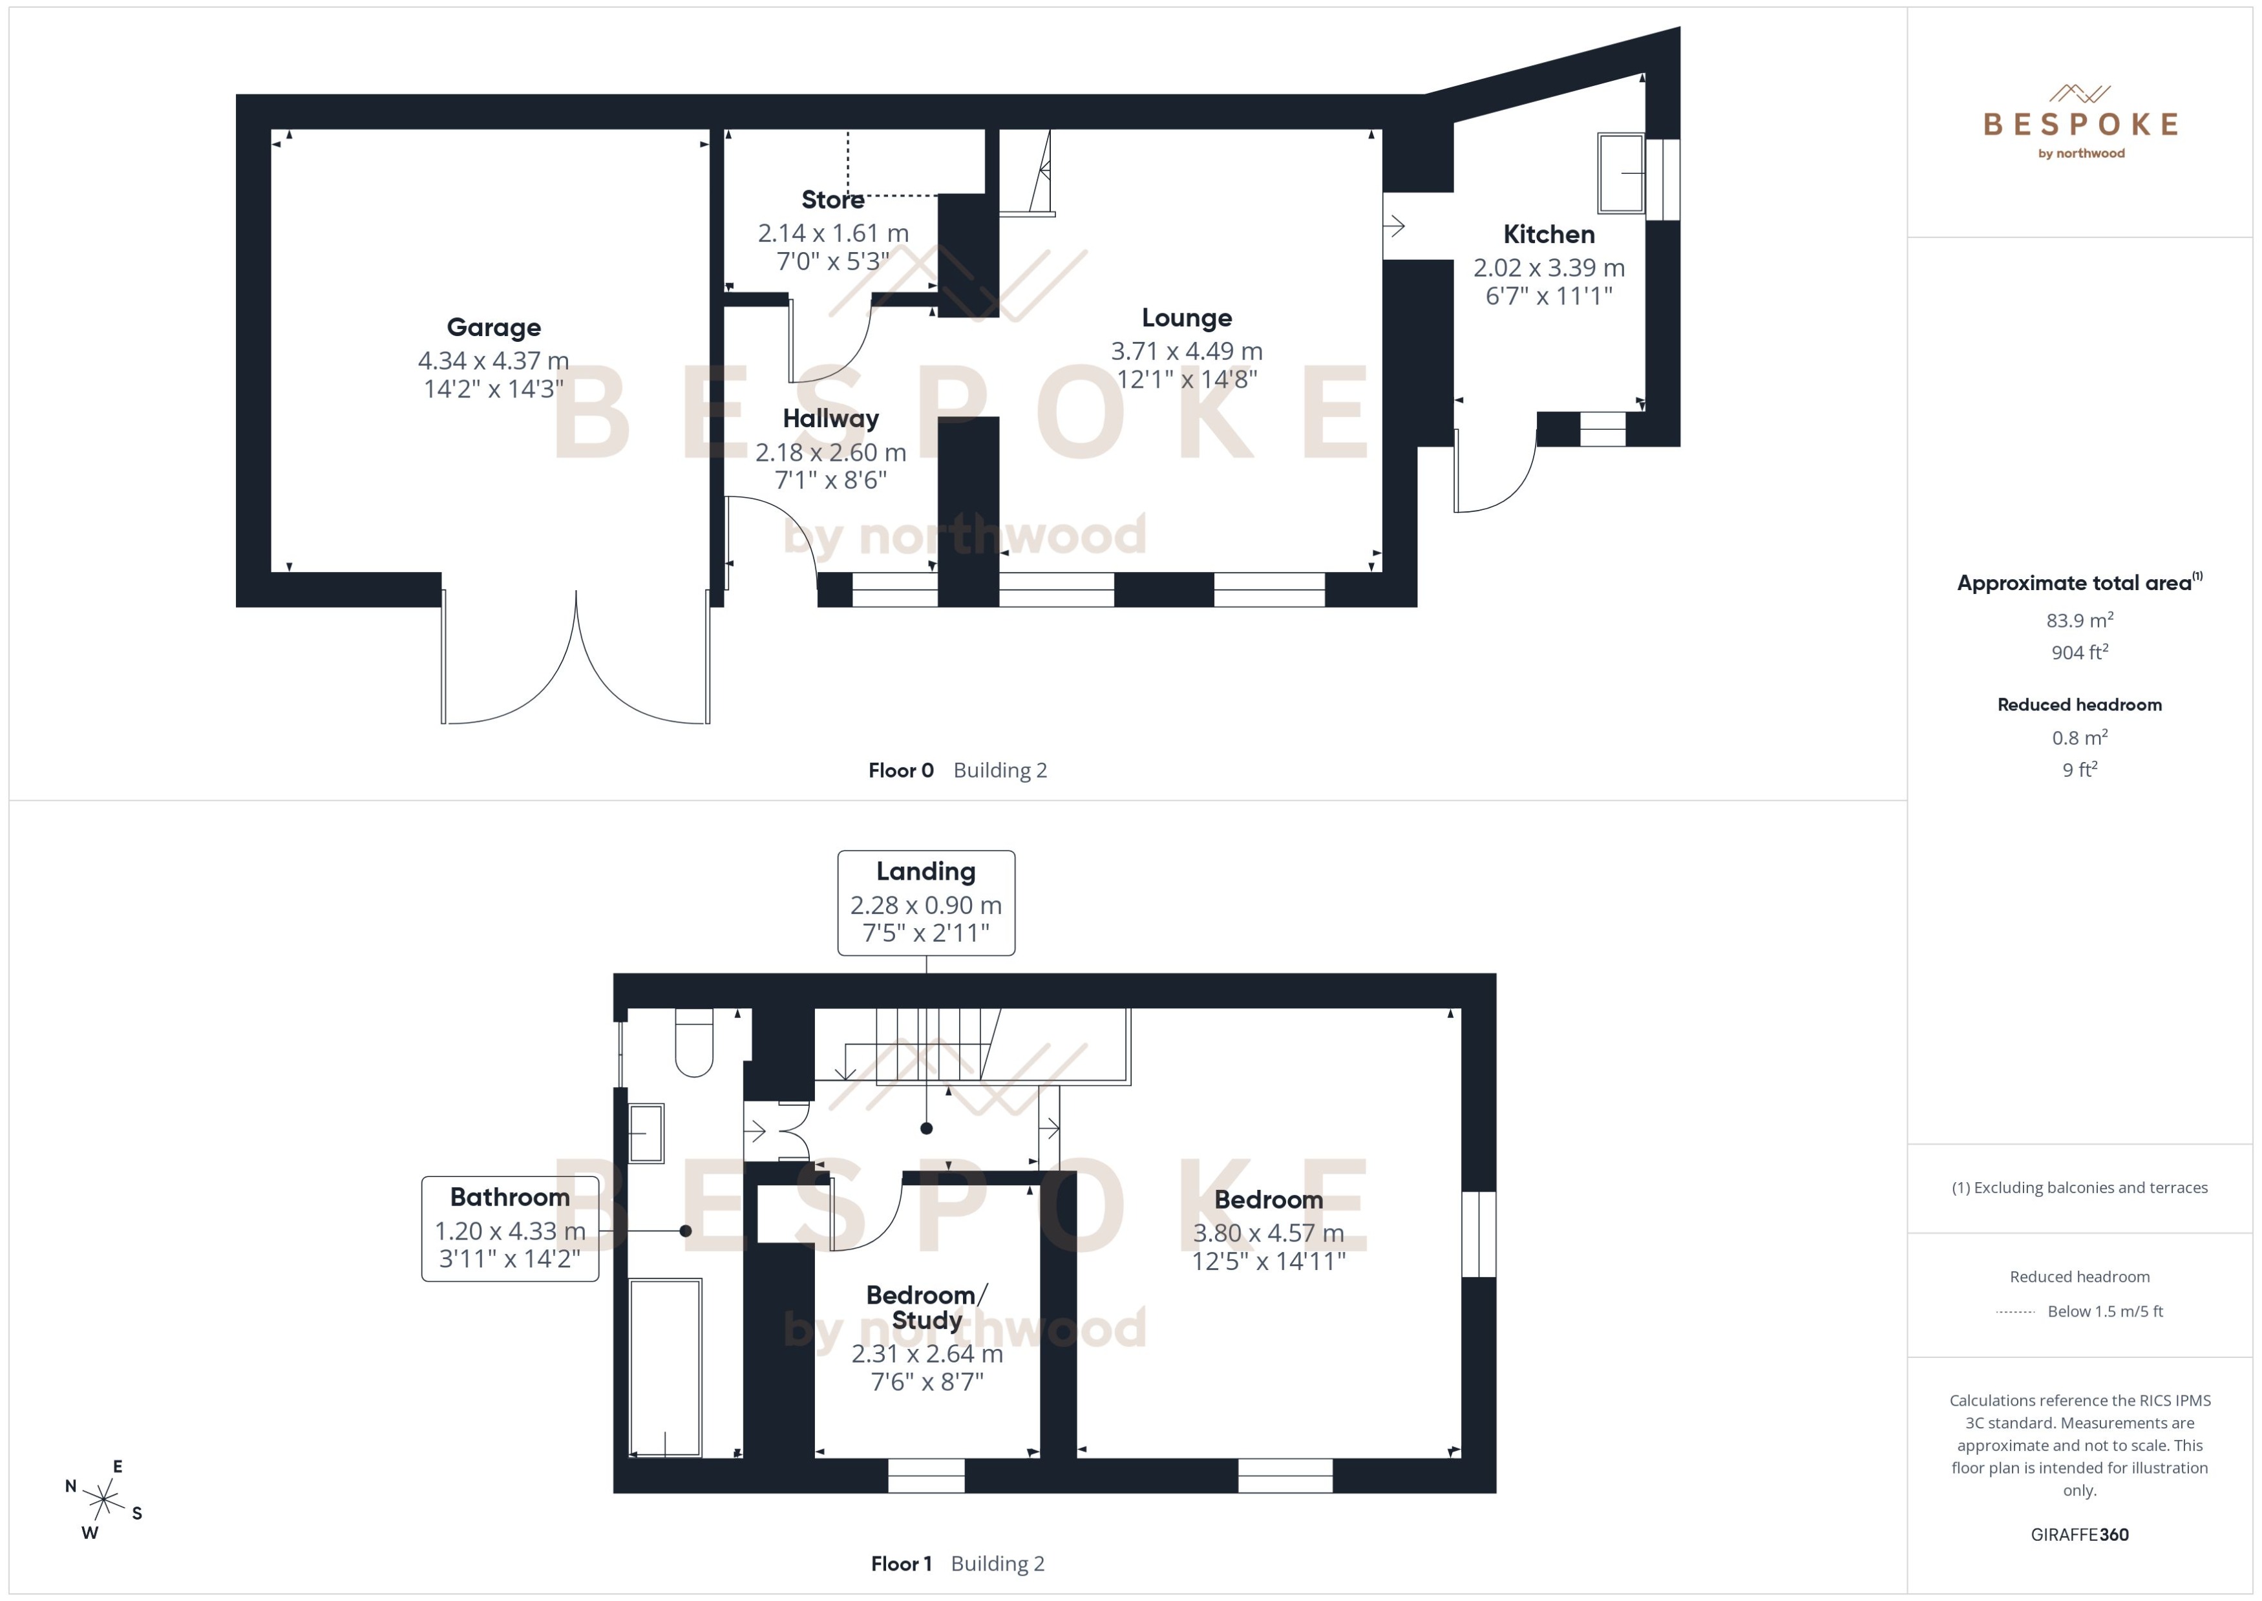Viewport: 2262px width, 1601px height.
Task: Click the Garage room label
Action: tap(493, 327)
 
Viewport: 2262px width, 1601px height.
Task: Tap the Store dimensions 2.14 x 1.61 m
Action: tap(833, 233)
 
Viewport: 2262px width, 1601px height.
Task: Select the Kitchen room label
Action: tap(1549, 235)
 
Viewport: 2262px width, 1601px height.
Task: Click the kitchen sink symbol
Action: tap(1620, 173)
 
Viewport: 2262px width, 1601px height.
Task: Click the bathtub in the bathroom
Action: tap(665, 1368)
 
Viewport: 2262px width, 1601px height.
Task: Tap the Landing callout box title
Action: tap(925, 871)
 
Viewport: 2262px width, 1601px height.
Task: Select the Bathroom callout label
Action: tap(509, 1197)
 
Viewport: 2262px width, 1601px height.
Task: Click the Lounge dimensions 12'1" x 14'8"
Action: tap(1187, 379)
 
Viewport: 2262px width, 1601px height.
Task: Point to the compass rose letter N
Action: tap(71, 1486)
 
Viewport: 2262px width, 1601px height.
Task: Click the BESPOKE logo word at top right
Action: tap(2080, 124)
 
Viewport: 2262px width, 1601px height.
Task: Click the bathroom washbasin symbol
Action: tap(646, 1133)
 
